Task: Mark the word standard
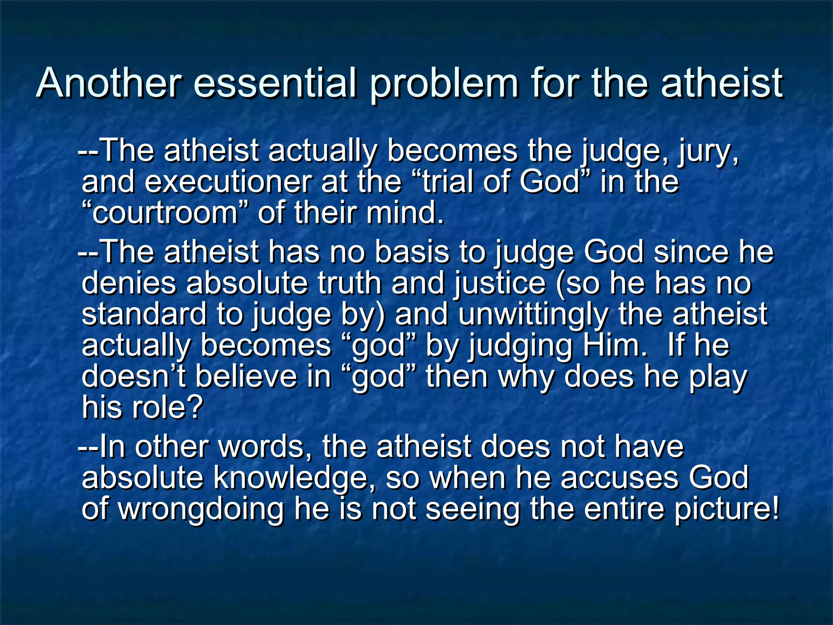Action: click(x=144, y=314)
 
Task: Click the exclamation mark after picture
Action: click(x=774, y=509)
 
